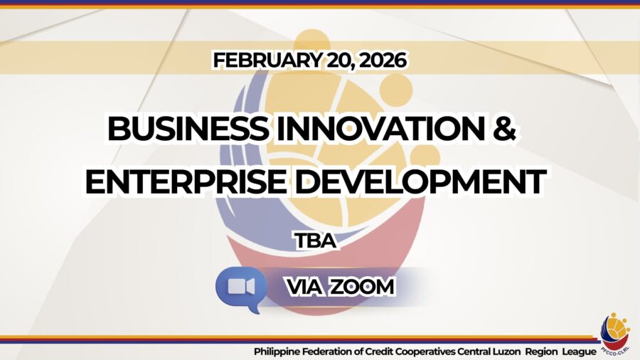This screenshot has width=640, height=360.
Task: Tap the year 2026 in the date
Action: pyautogui.click(x=383, y=60)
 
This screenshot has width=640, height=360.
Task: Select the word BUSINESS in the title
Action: pyautogui.click(x=188, y=129)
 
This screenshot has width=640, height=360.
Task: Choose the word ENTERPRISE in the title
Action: pyautogui.click(x=186, y=181)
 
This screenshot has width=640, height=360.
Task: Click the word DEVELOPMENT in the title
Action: pyautogui.click(x=420, y=181)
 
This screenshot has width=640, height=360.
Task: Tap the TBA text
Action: pyautogui.click(x=316, y=240)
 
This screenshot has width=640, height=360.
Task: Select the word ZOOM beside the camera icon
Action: pyautogui.click(x=362, y=287)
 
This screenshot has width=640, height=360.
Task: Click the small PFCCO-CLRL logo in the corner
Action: pyautogui.click(x=615, y=334)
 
